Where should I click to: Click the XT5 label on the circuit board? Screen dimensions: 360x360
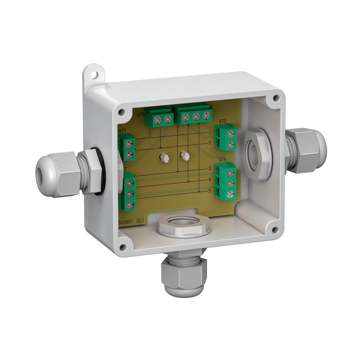point(140,115)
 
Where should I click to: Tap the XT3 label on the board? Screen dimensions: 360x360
point(222,121)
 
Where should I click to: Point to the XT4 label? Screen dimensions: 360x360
point(222,160)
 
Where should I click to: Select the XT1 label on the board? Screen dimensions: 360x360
point(122,131)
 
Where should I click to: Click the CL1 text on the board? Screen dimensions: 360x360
point(140,222)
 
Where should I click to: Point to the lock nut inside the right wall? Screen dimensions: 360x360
point(256,152)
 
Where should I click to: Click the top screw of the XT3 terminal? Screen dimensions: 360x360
point(231,133)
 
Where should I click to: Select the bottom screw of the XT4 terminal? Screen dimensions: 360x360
point(231,194)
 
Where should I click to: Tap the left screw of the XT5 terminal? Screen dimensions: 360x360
point(158,119)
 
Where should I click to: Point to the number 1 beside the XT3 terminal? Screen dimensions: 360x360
point(210,133)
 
